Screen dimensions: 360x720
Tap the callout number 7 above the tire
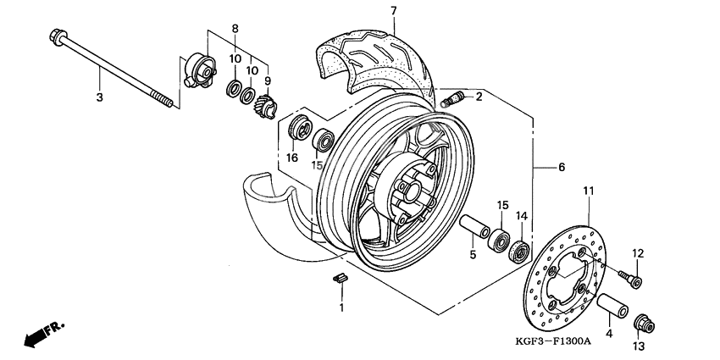393,11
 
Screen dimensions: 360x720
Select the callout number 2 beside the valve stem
479,97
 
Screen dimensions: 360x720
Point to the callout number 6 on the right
561,168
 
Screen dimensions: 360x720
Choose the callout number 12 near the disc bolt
638,252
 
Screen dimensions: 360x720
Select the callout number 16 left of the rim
291,158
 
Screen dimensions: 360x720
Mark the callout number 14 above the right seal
522,217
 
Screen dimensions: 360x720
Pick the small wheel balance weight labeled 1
341,278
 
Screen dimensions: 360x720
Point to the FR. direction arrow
42,333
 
